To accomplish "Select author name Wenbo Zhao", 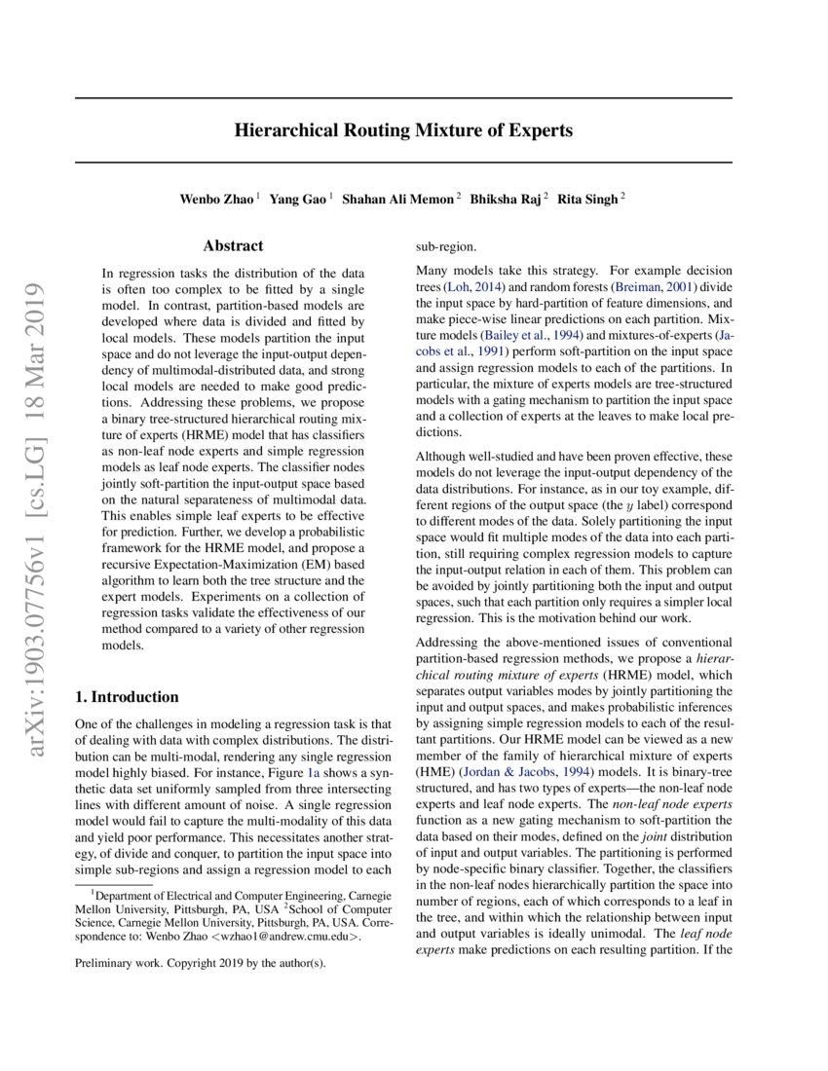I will pyautogui.click(x=216, y=199).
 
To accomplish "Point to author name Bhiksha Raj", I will pyautogui.click(x=506, y=199).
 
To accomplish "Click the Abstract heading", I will pyautogui.click(x=233, y=247).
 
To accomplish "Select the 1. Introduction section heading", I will pyautogui.click(x=127, y=697).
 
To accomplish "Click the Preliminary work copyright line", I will pyautogui.click(x=201, y=964).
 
